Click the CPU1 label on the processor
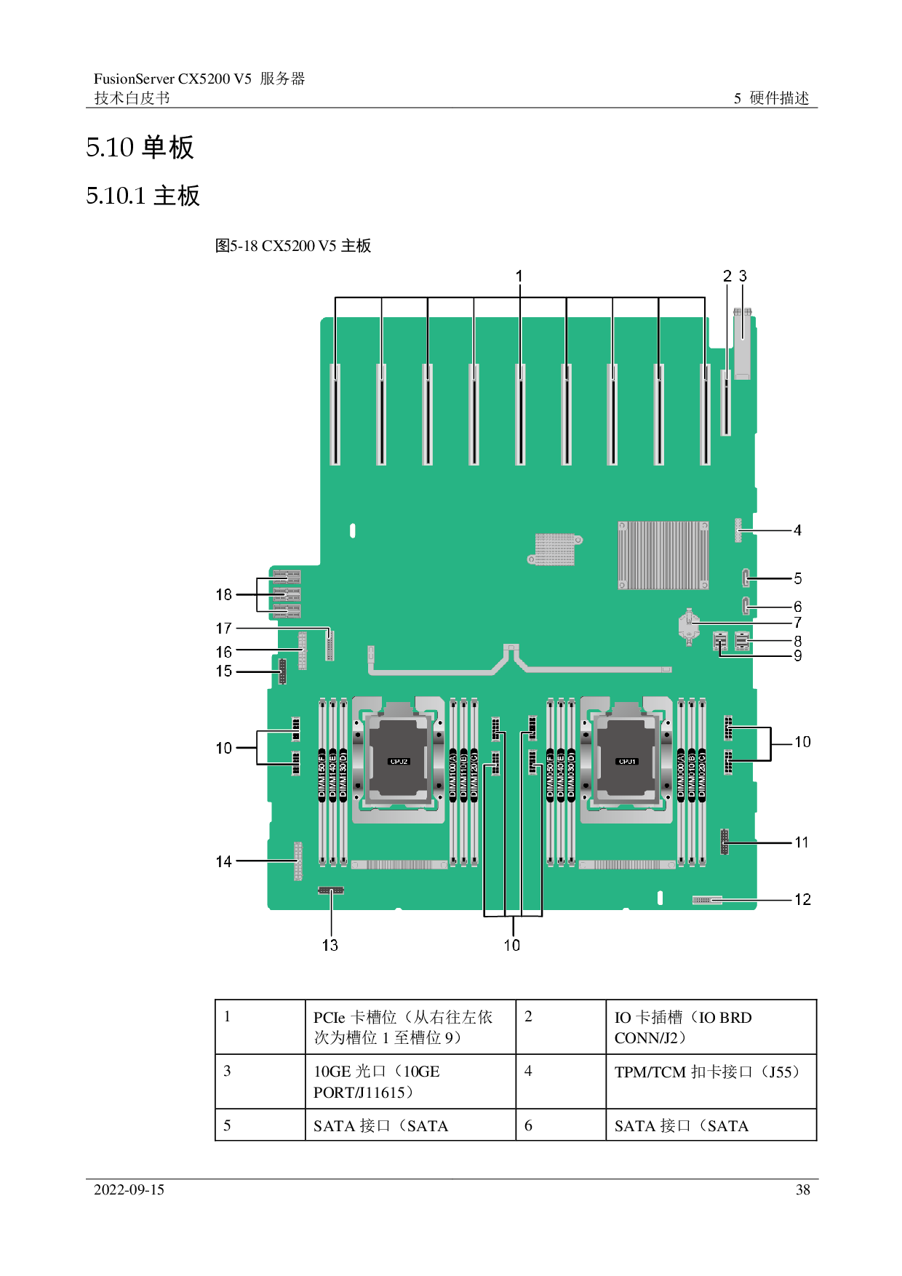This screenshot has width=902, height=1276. [x=627, y=762]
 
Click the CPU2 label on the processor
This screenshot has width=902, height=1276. [x=399, y=762]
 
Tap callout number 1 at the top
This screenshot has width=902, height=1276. [x=519, y=276]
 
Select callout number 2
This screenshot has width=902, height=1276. [x=727, y=276]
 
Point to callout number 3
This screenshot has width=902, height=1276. [x=743, y=276]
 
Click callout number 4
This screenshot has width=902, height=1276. [x=798, y=530]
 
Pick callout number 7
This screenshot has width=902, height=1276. [x=798, y=623]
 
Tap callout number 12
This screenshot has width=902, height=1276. [x=802, y=900]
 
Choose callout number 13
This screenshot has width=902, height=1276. [x=330, y=945]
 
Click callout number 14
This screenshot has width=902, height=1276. [x=224, y=861]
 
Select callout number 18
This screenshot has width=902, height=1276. [x=224, y=594]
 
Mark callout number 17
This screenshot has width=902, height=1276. [x=224, y=628]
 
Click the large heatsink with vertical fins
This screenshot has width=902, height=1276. [x=663, y=554]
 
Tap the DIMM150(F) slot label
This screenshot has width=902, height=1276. [x=322, y=774]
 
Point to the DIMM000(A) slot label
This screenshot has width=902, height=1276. [x=681, y=774]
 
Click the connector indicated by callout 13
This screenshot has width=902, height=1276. [x=331, y=890]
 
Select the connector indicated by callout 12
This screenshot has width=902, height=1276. [x=706, y=901]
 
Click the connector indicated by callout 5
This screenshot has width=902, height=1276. [x=746, y=579]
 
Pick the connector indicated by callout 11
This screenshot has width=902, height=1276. [x=725, y=842]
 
